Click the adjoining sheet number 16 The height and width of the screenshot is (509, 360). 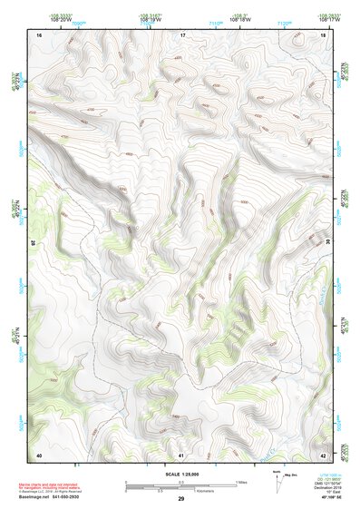pyautogui.click(x=38, y=34)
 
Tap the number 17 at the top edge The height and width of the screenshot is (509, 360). pyautogui.click(x=181, y=34)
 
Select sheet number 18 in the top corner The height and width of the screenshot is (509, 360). pyautogui.click(x=324, y=34)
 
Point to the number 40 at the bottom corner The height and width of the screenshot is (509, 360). pyautogui.click(x=38, y=454)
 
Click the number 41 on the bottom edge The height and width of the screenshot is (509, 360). pyautogui.click(x=181, y=454)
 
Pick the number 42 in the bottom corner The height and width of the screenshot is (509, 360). pyautogui.click(x=324, y=454)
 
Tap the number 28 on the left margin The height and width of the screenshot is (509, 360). pyautogui.click(x=34, y=243)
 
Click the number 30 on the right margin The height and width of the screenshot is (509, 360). pyautogui.click(x=327, y=243)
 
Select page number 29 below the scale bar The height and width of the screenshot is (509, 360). pyautogui.click(x=181, y=499)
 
